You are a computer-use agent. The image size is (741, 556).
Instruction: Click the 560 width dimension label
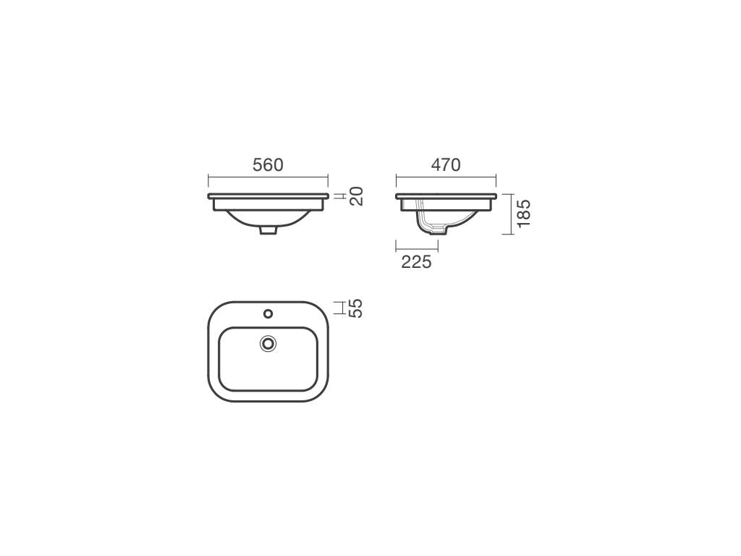point(268,165)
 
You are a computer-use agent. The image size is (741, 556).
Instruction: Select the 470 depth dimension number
point(446,164)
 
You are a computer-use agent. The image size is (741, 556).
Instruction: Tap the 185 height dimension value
point(524,214)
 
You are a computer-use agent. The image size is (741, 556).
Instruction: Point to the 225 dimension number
point(416,261)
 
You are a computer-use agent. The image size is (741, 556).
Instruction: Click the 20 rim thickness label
point(357,196)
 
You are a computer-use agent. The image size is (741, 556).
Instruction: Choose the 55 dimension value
point(357,308)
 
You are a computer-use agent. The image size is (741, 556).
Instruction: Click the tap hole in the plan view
point(268,313)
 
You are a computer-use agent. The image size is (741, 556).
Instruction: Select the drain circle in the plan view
point(268,344)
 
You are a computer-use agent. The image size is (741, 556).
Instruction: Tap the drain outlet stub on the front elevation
point(268,230)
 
